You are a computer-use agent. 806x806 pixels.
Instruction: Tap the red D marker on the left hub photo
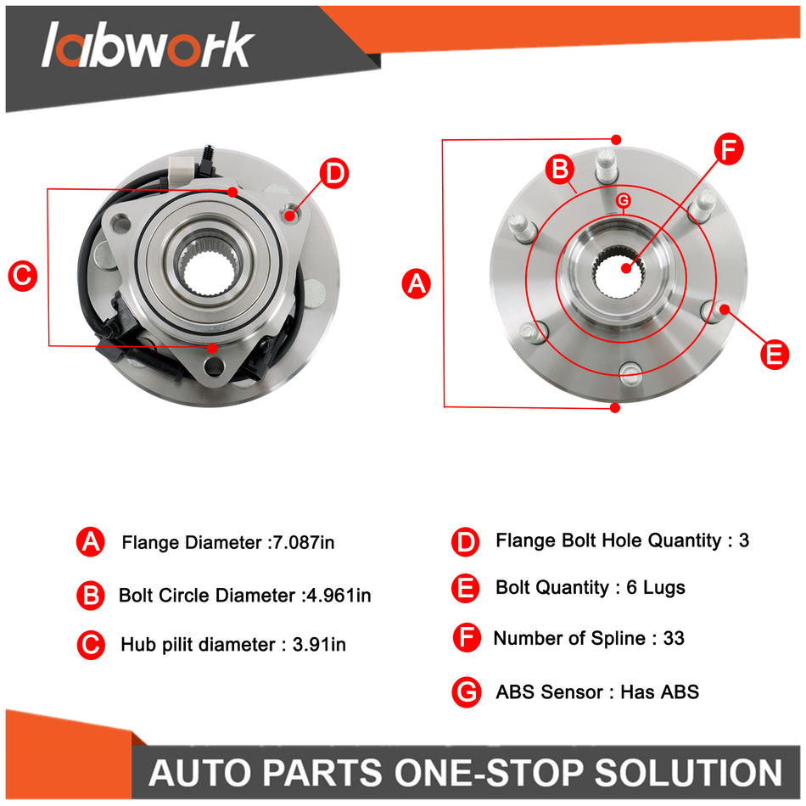click(x=334, y=174)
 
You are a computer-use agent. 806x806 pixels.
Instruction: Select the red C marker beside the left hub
click(x=22, y=276)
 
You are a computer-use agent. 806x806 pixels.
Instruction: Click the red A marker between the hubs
click(x=416, y=283)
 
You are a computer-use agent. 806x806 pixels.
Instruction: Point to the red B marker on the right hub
click(x=560, y=169)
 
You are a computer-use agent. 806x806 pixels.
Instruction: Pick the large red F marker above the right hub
click(x=727, y=149)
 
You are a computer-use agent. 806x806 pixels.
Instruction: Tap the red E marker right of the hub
click(x=774, y=352)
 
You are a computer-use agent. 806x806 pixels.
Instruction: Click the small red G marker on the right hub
click(x=624, y=200)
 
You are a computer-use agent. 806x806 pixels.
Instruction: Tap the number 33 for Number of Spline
click(x=674, y=638)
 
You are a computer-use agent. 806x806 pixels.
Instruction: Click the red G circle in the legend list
click(x=467, y=692)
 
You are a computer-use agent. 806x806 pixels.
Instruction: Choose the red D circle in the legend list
click(x=467, y=541)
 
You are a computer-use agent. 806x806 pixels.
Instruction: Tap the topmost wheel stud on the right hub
click(x=605, y=165)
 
